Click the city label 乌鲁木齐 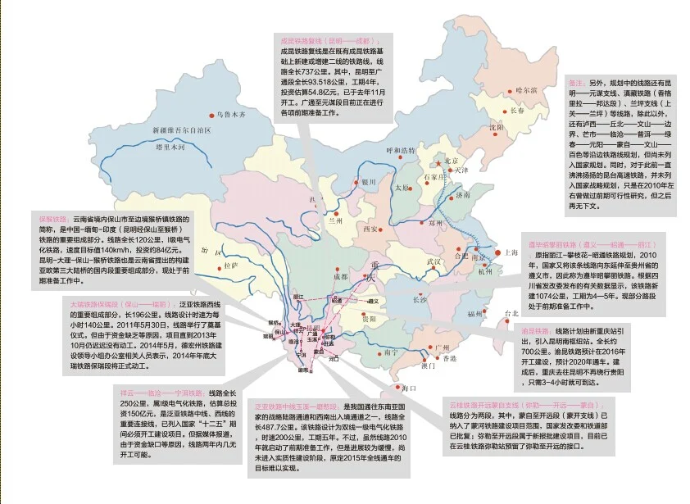pyautogui.click(x=230, y=115)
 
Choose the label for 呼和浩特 pyautogui.click(x=401, y=151)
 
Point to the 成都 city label pyautogui.click(x=340, y=277)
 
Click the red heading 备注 pyautogui.click(x=571, y=84)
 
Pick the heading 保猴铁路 pyautogui.click(x=52, y=220)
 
